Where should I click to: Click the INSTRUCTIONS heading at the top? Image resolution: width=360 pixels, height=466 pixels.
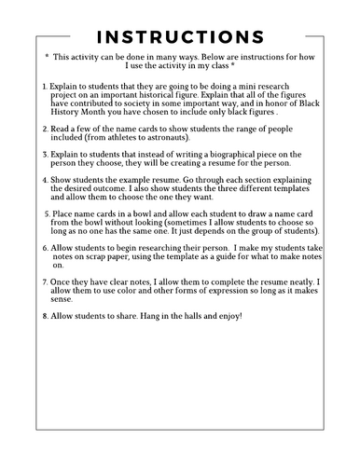coord(179,36)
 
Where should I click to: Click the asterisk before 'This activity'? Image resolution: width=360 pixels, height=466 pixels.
coord(47,56)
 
